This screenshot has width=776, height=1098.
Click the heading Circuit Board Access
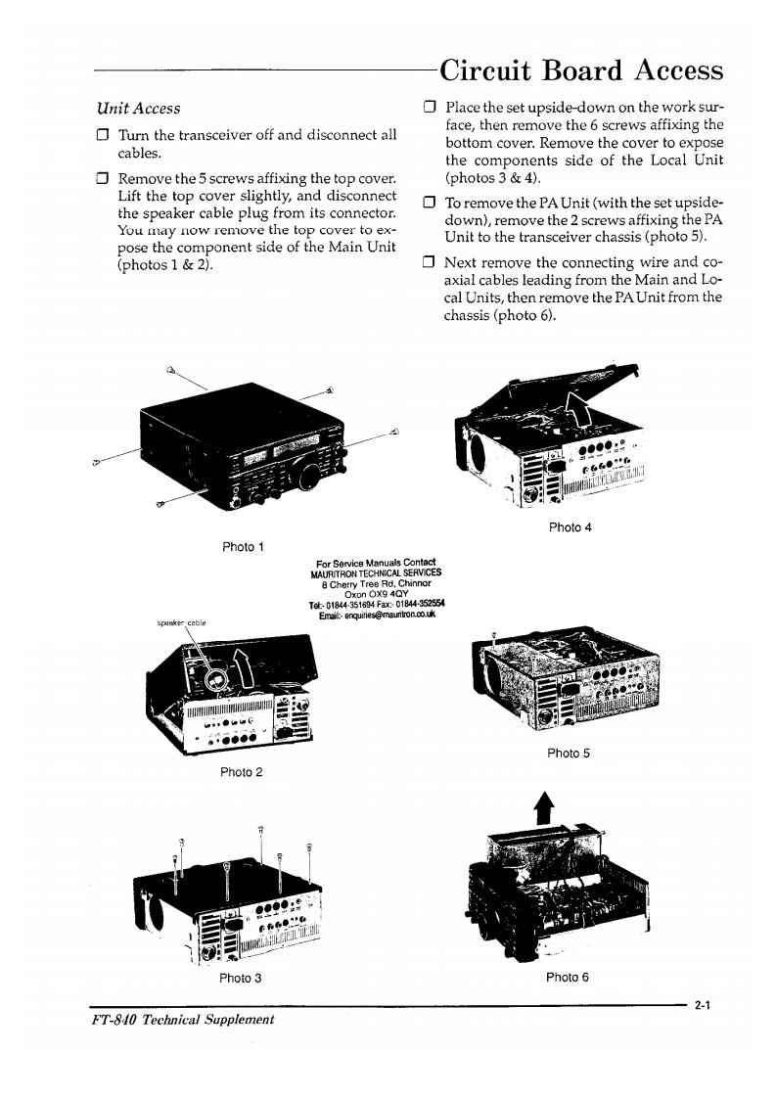click(x=581, y=70)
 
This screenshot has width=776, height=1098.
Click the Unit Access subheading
click(x=138, y=108)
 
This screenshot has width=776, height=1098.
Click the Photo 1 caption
click(x=239, y=546)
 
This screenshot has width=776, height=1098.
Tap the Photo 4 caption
click(x=571, y=527)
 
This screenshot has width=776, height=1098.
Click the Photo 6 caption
click(x=567, y=977)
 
